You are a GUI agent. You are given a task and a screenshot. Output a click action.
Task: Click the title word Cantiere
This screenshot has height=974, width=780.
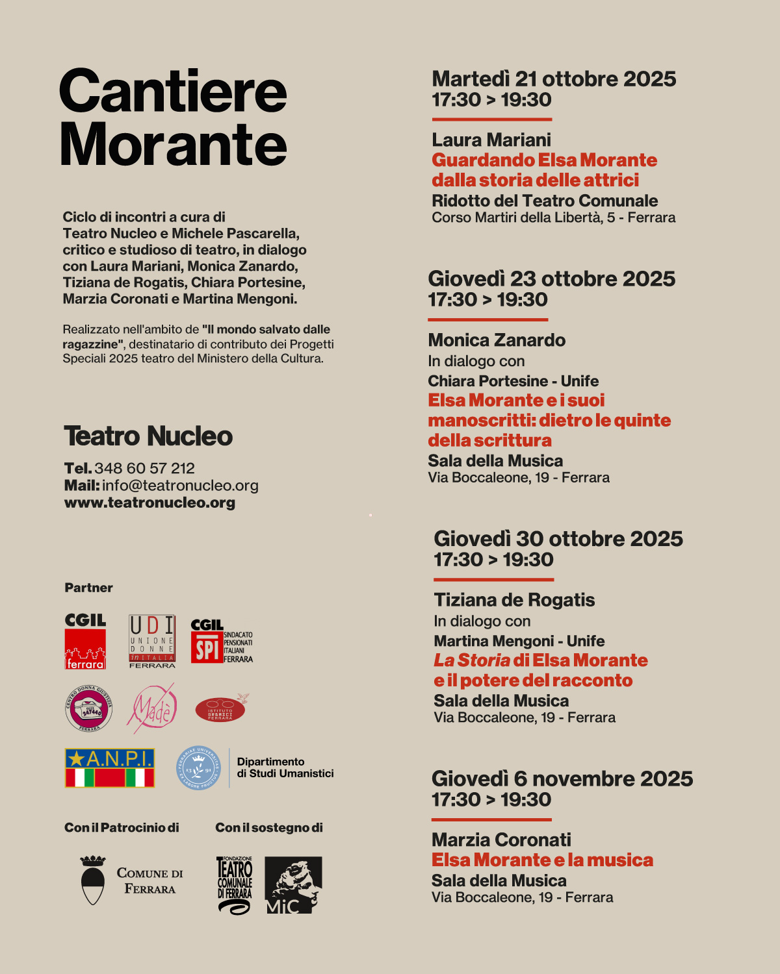click(x=173, y=92)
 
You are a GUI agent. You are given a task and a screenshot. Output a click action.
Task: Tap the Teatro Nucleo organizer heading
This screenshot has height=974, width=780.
click(x=148, y=436)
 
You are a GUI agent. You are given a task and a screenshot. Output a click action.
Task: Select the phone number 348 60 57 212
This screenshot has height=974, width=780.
click(x=144, y=468)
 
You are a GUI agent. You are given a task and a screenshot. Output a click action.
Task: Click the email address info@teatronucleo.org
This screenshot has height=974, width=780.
click(x=180, y=485)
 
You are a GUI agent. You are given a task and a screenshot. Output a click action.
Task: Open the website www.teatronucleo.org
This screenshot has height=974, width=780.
click(x=149, y=503)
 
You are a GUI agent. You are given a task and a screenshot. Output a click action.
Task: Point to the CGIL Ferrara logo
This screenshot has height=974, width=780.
click(x=85, y=641)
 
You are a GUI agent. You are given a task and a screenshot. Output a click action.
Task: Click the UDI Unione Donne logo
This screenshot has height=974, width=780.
click(x=152, y=641)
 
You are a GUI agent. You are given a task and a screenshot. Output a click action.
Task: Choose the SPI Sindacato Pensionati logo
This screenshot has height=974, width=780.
click(x=221, y=642)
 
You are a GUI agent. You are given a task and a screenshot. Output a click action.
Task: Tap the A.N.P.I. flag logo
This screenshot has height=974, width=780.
click(x=110, y=768)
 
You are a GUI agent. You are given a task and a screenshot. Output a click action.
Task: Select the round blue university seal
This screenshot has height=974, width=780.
click(x=199, y=768)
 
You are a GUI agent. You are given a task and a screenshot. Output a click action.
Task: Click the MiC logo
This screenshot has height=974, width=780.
click(x=293, y=885)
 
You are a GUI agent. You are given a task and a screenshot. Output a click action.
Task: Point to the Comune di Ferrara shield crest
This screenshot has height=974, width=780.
click(x=93, y=880)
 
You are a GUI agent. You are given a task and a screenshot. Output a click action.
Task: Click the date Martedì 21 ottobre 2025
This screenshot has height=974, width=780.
click(x=554, y=79)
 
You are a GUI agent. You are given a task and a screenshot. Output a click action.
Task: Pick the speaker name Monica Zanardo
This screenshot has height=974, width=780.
click(x=497, y=340)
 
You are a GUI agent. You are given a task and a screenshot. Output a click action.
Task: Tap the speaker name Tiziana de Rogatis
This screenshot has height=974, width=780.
click(x=514, y=600)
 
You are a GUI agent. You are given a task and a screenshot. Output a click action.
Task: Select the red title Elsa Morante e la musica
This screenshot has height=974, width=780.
click(x=542, y=860)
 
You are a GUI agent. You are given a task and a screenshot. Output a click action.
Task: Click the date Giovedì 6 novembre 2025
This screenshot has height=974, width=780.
click(x=562, y=779)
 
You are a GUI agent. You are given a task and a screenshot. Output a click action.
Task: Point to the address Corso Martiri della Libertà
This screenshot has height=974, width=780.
click(x=553, y=218)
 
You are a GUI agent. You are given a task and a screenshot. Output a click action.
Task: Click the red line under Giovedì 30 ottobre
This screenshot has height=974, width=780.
click(x=493, y=579)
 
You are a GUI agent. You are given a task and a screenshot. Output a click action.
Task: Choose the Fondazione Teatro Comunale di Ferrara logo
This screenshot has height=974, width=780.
click(x=235, y=885)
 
